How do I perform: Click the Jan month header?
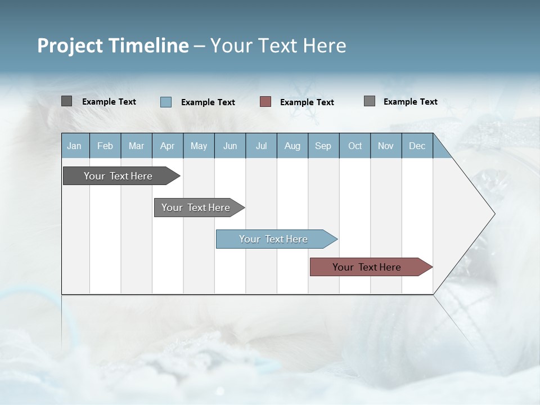74,146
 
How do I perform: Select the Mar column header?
136,146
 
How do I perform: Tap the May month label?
199,146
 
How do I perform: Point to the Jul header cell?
261,146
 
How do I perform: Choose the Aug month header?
292,146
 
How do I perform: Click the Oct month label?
355,146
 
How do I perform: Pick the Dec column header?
417,146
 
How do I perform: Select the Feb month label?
105,146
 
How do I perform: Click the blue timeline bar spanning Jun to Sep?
274,239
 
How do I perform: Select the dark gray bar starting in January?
119,176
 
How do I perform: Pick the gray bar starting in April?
196,208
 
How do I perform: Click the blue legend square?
166,102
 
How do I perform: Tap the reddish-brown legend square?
265,102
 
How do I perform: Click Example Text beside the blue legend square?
208,102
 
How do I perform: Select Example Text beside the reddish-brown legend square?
307,102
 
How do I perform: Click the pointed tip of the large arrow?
493,214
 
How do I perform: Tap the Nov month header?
386,146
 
